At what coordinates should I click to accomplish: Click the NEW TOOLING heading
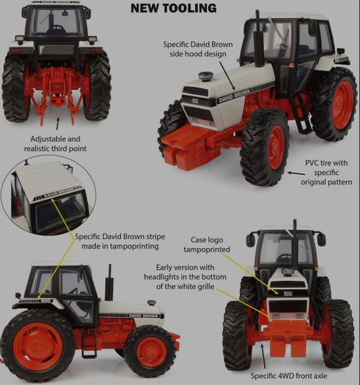(173, 8)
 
